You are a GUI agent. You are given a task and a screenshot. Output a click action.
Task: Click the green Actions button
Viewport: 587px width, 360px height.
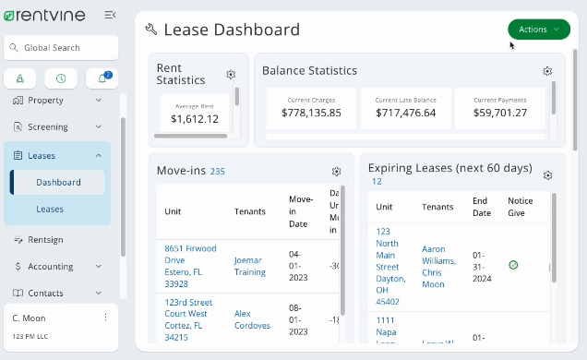pos(538,30)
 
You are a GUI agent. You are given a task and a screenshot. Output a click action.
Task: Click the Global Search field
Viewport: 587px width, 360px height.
pos(61,48)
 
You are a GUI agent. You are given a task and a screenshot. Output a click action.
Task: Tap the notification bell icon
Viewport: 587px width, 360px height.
pos(102,79)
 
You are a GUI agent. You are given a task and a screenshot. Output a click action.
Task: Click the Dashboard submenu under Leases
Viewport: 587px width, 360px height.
pos(58,183)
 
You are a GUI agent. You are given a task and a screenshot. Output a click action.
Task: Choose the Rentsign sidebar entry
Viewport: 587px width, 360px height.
pos(47,240)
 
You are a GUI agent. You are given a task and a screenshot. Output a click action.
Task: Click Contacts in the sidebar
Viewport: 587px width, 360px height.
pos(47,294)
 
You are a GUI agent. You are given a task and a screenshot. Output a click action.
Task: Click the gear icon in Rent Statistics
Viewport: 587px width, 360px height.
pos(231,75)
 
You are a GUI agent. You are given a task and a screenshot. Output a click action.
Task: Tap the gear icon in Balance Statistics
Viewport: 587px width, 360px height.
pos(547,71)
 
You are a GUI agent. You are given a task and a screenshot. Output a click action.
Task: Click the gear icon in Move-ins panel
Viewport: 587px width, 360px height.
pos(337,172)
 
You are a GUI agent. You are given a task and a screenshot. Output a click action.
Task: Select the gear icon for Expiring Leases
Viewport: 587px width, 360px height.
pos(547,175)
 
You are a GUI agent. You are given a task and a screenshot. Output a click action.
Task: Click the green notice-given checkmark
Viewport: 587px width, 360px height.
pos(513,265)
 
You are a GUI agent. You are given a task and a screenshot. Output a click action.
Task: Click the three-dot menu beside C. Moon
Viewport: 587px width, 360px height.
pos(105,318)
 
